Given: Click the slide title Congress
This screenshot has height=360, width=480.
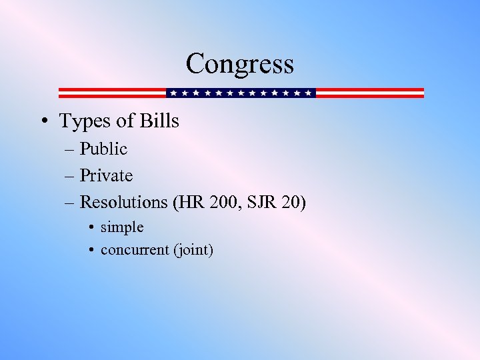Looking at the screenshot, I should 239,64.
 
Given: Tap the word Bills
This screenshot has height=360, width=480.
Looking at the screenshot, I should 159,121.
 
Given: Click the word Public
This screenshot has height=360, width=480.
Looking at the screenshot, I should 103,149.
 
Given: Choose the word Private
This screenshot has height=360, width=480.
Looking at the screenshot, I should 106,176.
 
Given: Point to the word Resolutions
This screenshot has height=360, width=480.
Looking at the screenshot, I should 123,202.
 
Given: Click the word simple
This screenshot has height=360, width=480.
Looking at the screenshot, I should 122,228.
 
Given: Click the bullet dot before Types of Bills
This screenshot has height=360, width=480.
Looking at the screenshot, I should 43,122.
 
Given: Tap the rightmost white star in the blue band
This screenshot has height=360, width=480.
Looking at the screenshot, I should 308,93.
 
